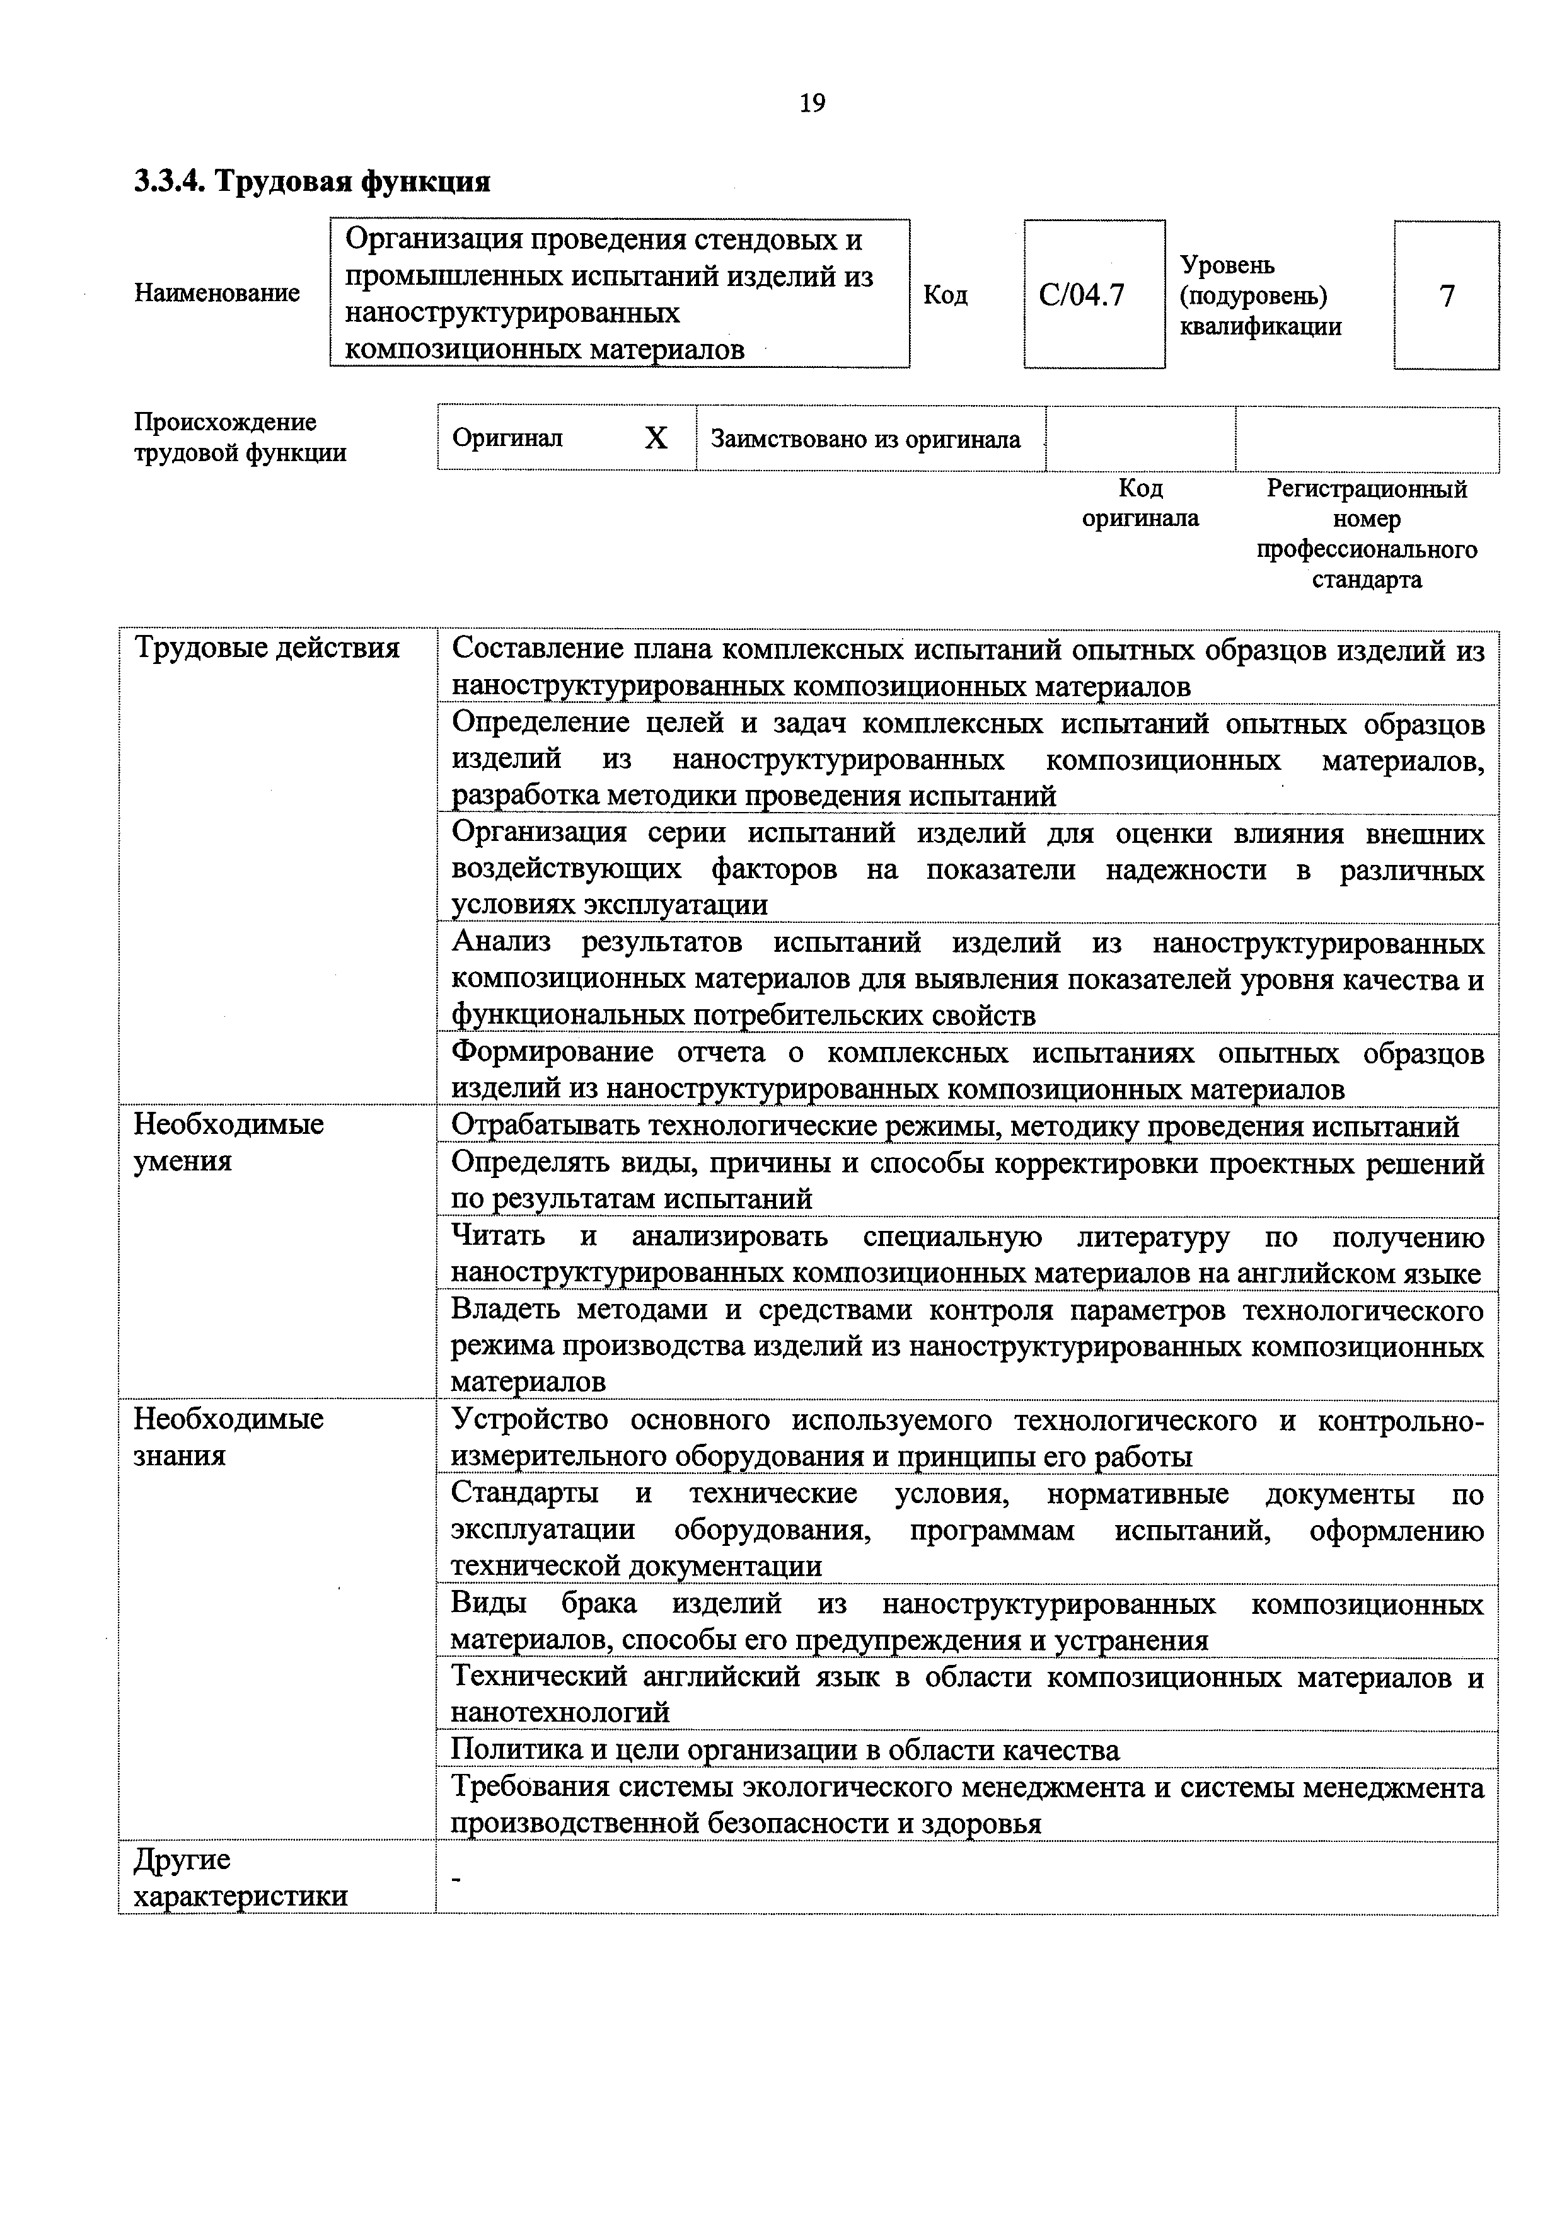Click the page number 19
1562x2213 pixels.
[812, 103]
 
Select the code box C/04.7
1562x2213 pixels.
[1094, 295]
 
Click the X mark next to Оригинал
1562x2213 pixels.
[656, 438]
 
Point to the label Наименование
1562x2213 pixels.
[217, 292]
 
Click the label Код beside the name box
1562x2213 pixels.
[945, 295]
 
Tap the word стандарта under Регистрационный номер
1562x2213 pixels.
[1366, 580]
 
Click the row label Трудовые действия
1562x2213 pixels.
[266, 648]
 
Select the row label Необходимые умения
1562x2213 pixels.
[229, 1142]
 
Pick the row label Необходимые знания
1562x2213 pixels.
[229, 1436]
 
